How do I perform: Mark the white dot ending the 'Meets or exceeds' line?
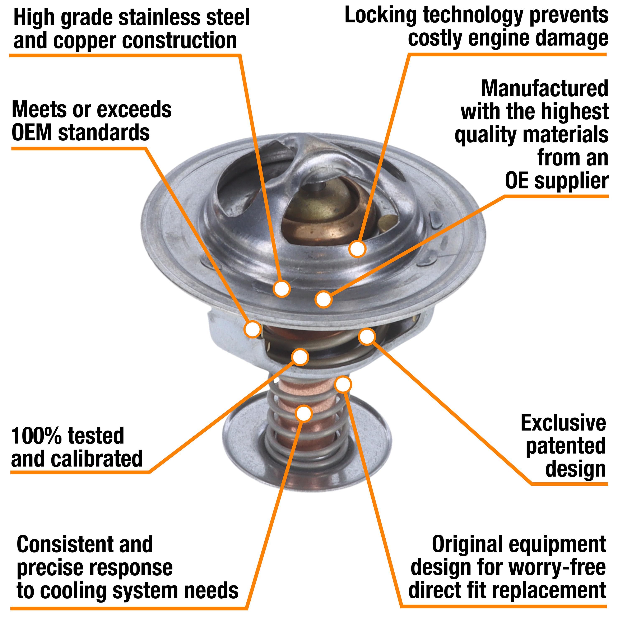(x=252, y=329)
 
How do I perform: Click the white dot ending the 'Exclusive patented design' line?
(x=367, y=336)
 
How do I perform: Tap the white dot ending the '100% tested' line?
(x=300, y=357)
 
